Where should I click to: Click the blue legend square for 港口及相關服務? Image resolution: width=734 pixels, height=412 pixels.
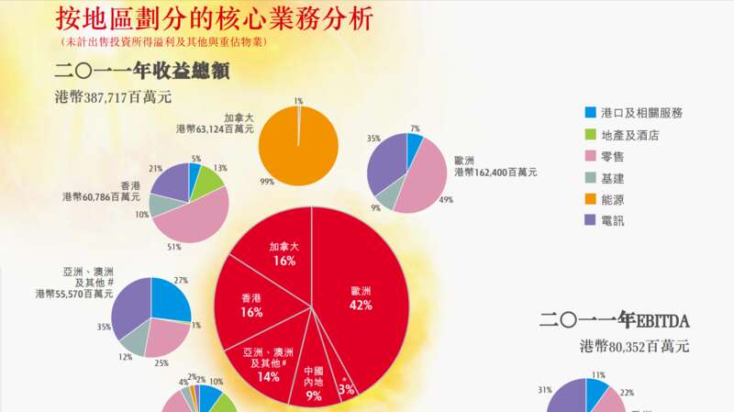pyautogui.click(x=589, y=113)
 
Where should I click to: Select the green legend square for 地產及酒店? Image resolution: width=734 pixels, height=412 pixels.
pyautogui.click(x=589, y=135)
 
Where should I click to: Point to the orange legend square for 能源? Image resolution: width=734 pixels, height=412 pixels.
pyautogui.click(x=589, y=199)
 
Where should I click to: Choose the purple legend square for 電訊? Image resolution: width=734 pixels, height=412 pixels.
pyautogui.click(x=589, y=220)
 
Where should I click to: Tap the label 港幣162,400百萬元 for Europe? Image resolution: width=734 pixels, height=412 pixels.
pyautogui.click(x=495, y=172)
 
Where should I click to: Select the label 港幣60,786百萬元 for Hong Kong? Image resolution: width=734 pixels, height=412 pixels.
pyautogui.click(x=101, y=196)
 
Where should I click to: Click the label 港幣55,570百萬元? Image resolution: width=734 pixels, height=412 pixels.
pyautogui.click(x=73, y=294)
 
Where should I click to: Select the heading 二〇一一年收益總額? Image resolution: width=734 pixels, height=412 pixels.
pyautogui.click(x=141, y=71)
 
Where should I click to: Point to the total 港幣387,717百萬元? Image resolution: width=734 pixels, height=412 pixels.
pyautogui.click(x=113, y=96)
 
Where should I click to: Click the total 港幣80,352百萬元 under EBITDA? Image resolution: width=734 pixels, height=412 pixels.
pyautogui.click(x=634, y=347)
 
